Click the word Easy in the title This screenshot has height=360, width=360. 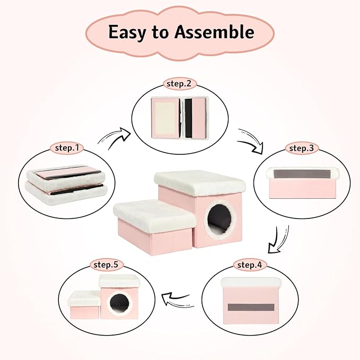127,32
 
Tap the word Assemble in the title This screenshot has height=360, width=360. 214,31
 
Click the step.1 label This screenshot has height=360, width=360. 67,148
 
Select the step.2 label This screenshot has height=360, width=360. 179,84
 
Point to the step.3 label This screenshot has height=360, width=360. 301,148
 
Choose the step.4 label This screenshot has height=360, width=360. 250,265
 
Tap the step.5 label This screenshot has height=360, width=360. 106,265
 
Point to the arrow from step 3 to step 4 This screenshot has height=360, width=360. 277,240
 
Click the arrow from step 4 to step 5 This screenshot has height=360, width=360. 177,299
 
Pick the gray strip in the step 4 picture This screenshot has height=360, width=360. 251,307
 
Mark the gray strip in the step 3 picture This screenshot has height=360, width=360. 302,174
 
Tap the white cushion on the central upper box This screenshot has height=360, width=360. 200,182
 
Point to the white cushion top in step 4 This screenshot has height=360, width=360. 251,282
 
